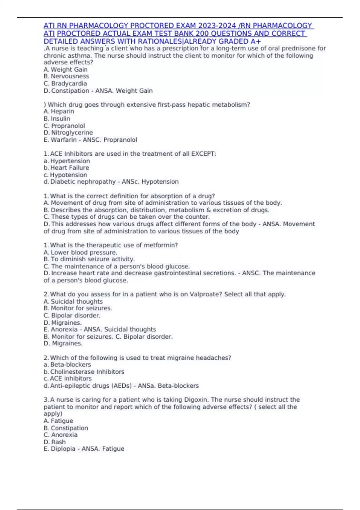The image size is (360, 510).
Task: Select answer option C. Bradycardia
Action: pos(65,83)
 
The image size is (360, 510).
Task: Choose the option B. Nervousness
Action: pos(66,76)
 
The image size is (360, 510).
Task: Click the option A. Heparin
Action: pos(59,111)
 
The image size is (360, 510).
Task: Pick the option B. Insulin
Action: pos(57,118)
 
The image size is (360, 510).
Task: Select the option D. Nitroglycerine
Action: pos(68,133)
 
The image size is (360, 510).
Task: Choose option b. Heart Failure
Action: pos(66,168)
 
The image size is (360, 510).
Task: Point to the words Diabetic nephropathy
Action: pos(83,182)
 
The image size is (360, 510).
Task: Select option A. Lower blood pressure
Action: pos(80,252)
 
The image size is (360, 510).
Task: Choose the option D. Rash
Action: pos(55,442)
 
